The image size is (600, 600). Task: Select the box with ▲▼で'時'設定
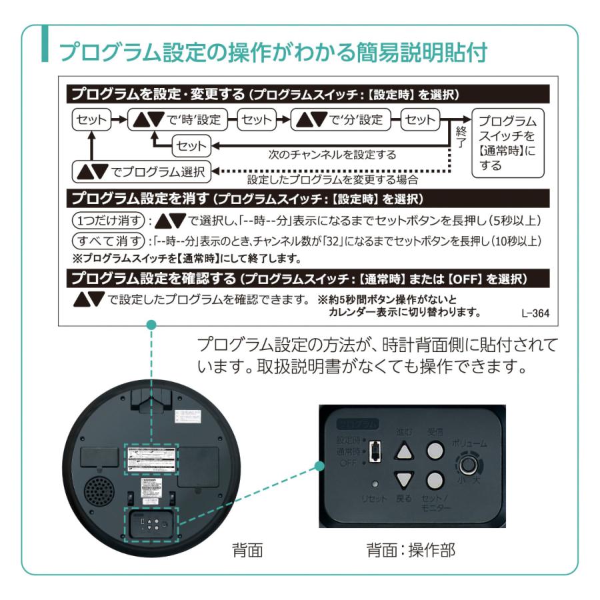[177, 120]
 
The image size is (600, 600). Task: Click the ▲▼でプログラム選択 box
[140, 171]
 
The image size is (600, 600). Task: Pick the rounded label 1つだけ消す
[107, 221]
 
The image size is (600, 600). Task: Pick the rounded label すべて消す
[107, 239]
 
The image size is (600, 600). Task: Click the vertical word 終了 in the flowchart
[460, 138]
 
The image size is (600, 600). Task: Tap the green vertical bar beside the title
[45, 45]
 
